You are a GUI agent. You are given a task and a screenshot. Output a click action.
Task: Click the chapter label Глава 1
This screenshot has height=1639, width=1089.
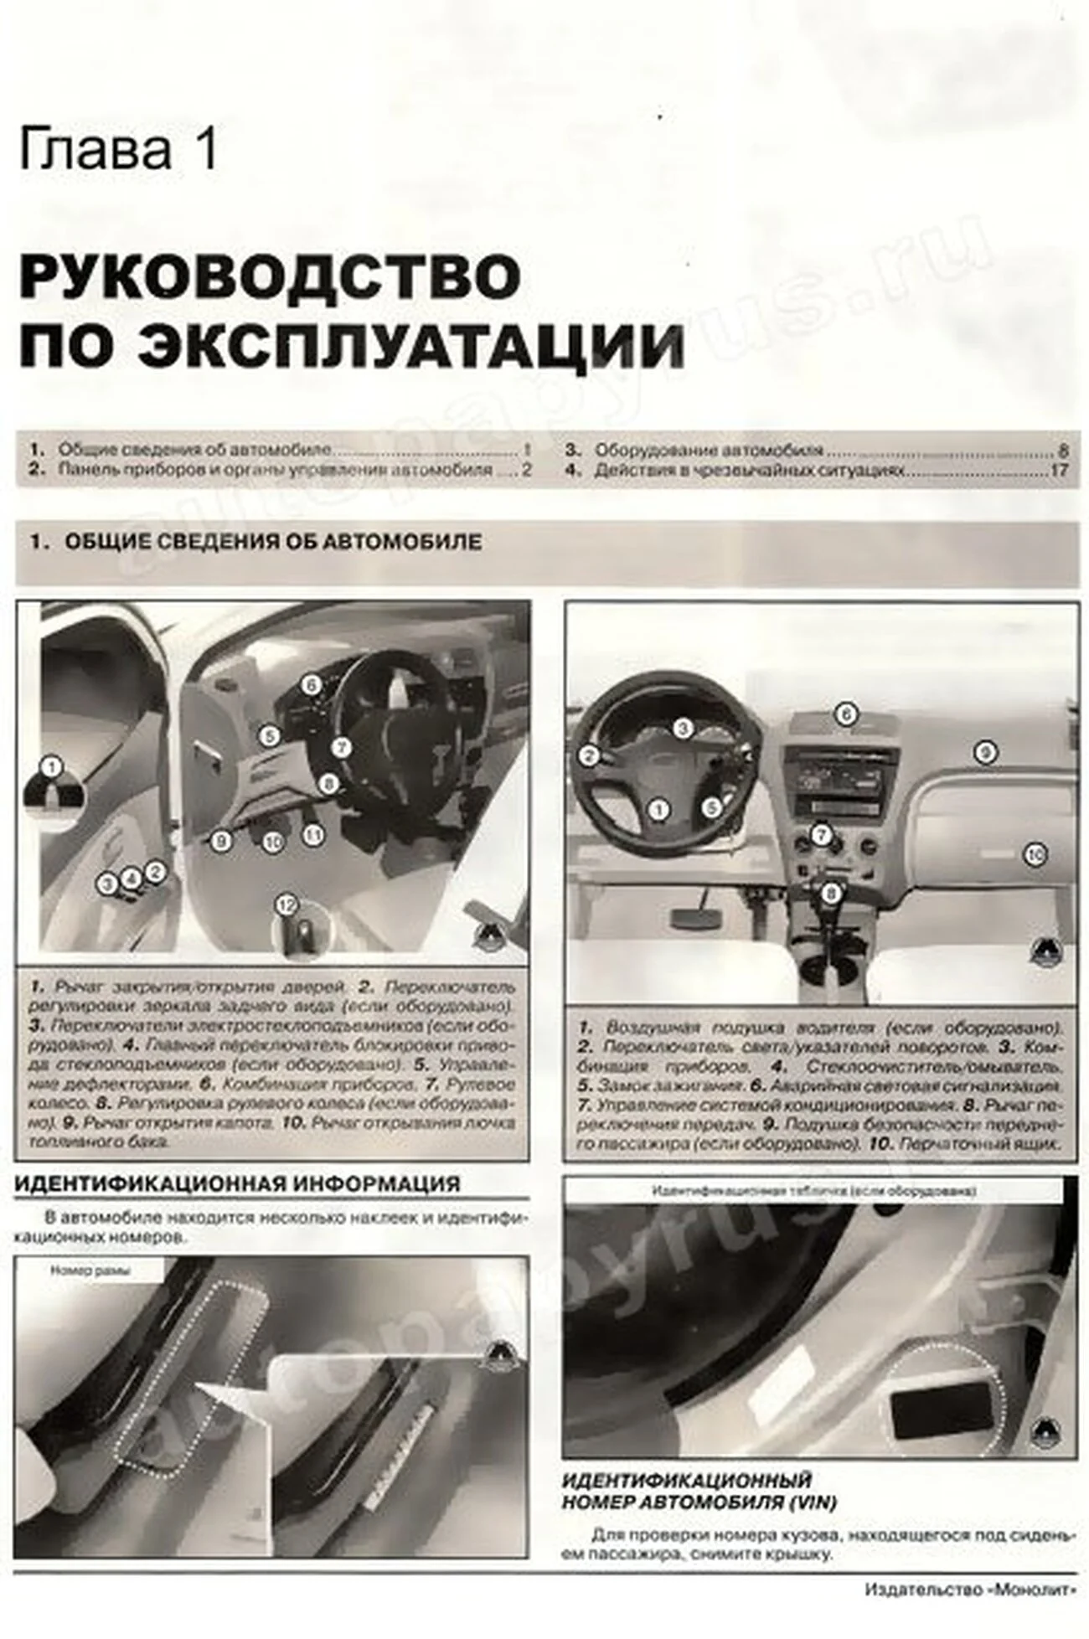(x=118, y=150)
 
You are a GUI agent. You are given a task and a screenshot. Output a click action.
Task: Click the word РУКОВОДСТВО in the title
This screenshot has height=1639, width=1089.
(x=269, y=276)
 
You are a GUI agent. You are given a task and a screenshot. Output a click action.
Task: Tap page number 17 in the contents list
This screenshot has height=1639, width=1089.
(x=1059, y=471)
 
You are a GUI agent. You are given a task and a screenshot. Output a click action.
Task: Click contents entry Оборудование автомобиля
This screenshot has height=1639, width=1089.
(x=709, y=450)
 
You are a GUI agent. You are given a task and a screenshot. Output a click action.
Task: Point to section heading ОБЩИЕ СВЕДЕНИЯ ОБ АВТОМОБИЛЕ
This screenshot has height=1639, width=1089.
(x=272, y=542)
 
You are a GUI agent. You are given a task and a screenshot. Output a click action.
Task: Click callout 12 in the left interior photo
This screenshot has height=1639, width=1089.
(x=286, y=905)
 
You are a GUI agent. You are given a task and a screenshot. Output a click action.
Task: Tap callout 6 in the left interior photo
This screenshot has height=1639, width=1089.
(x=311, y=685)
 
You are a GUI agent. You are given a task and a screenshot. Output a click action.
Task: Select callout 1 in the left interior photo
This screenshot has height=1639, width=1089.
(x=52, y=767)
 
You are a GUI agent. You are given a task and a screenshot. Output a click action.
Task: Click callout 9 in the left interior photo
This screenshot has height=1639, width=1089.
(x=220, y=840)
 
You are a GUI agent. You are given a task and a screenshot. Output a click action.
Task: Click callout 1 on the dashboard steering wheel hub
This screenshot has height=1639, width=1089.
(x=660, y=809)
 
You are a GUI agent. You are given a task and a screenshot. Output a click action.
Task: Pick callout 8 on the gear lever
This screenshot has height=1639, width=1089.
(x=830, y=894)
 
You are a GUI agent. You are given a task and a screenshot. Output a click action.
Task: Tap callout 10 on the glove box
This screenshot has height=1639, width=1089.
(x=1035, y=854)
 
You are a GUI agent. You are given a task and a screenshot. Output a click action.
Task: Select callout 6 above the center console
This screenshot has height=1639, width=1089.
(x=846, y=714)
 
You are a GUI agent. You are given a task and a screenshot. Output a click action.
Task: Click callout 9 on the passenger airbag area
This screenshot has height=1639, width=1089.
(x=985, y=752)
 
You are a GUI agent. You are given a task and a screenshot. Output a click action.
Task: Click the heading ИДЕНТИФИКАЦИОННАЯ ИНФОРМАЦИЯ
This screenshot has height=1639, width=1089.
(x=238, y=1183)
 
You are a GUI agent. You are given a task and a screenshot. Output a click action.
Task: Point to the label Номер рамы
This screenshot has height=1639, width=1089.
(x=90, y=1270)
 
